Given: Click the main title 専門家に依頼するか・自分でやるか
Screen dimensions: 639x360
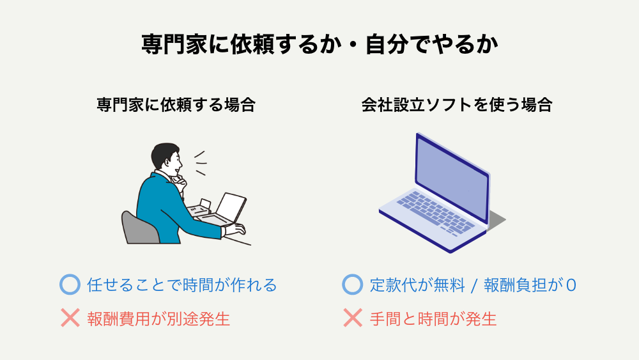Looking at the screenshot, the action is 319,44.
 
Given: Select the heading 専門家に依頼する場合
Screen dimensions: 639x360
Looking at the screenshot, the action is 176,105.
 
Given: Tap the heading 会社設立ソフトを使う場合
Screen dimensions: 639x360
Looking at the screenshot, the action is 457,105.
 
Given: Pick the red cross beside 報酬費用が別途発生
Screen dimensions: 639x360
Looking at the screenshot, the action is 70,318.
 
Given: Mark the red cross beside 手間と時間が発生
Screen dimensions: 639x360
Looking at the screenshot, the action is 353,318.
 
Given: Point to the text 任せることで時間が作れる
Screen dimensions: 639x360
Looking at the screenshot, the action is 181,285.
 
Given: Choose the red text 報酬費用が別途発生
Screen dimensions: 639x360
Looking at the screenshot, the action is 158,318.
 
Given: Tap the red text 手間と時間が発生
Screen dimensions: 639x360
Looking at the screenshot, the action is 433,318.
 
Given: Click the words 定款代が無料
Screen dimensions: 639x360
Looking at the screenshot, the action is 417,285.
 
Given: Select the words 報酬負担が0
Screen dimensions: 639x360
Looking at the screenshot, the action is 530,285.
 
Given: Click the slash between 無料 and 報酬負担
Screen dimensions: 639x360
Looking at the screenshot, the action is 474,285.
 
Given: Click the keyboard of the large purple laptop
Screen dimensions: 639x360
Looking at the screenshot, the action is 436,213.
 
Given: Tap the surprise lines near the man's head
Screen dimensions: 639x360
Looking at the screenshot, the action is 200,163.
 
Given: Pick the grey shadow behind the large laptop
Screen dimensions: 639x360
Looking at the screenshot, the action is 496,220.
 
